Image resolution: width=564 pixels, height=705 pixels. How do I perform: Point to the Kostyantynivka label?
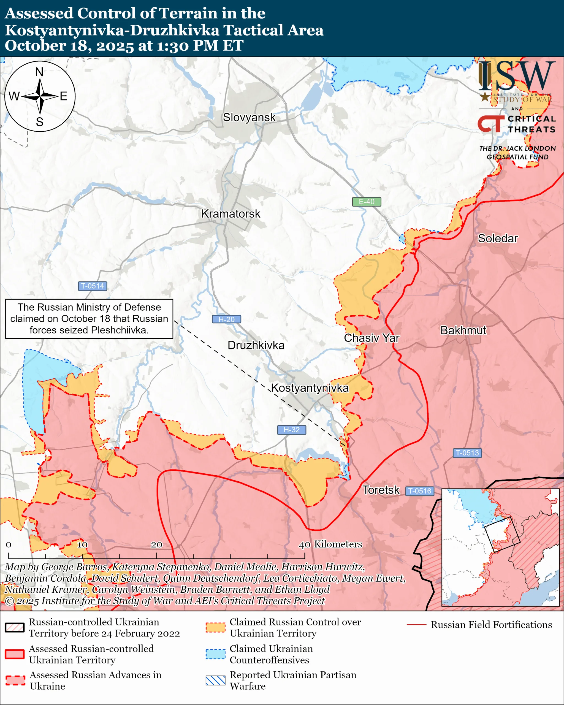(x=310, y=388)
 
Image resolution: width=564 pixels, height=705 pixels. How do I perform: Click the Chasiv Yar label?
(x=372, y=338)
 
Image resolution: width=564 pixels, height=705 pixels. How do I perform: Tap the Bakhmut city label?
(x=463, y=330)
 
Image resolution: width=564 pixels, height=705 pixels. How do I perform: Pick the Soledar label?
(x=498, y=238)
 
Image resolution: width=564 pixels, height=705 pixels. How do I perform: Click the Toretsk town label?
(x=381, y=490)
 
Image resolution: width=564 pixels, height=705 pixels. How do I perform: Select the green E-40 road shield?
(x=366, y=202)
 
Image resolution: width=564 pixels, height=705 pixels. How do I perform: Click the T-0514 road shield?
(x=93, y=286)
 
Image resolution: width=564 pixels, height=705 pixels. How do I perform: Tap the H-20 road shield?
(x=226, y=319)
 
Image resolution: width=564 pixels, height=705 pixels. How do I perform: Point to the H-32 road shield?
(x=291, y=430)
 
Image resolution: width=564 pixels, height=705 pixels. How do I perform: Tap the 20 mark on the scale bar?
(x=156, y=544)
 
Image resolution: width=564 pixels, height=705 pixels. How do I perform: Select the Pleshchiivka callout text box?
(x=89, y=319)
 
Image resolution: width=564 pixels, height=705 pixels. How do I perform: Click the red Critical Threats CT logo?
(x=491, y=124)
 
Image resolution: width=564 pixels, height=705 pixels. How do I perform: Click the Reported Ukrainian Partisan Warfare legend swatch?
(x=215, y=680)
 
